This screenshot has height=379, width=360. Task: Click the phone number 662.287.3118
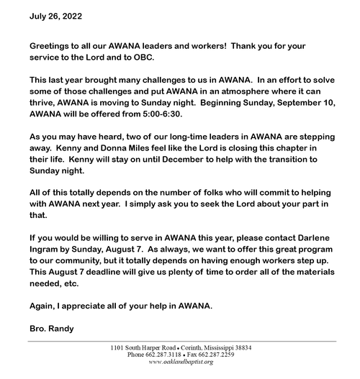pos(166,354)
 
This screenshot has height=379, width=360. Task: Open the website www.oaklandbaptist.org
pos(180,362)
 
